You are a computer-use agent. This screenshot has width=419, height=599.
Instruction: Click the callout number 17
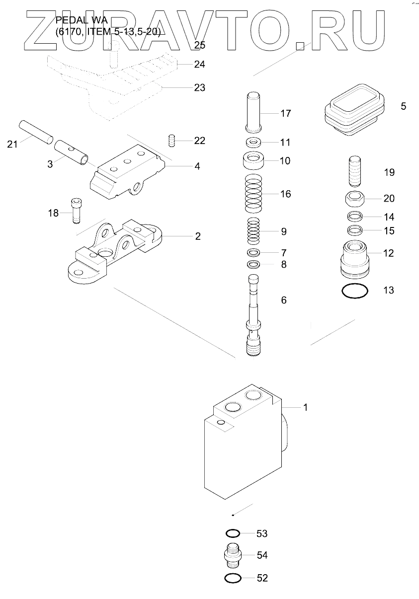[x=285, y=113]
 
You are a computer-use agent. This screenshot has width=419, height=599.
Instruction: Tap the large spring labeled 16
[x=253, y=194]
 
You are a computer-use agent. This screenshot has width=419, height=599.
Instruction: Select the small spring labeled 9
[x=253, y=231]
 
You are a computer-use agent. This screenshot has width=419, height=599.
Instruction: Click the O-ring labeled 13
[x=355, y=291]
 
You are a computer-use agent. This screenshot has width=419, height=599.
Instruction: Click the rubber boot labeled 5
[x=355, y=109]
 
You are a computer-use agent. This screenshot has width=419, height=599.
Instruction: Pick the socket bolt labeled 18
[x=76, y=211]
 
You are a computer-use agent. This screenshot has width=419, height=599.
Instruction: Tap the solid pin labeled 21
[x=36, y=133]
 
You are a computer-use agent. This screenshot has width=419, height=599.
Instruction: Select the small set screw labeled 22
[x=172, y=141]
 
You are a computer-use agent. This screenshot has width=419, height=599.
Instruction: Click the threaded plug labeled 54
[x=233, y=555]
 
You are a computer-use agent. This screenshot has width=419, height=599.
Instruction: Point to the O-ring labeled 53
[x=233, y=534]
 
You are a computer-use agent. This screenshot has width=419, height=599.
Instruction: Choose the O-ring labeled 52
[x=233, y=578]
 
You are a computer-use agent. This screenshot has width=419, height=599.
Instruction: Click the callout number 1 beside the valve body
[x=305, y=408]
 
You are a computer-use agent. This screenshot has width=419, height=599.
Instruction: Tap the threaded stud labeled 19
[x=355, y=171]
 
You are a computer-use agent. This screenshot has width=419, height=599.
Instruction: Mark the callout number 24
[x=200, y=65]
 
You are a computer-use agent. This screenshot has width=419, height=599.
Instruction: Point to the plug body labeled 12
[x=355, y=259]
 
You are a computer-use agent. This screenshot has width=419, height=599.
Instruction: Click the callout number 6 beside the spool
[x=284, y=300]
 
